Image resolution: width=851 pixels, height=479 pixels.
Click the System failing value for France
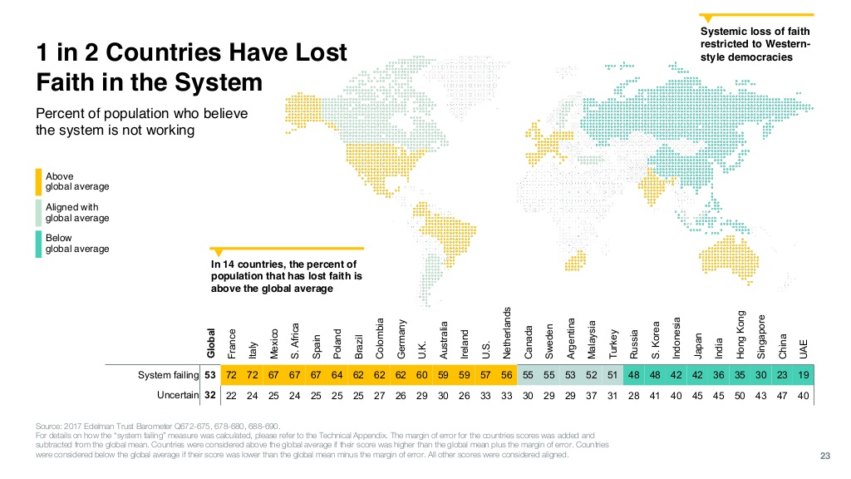pos(232,375)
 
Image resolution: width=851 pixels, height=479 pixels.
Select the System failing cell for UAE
pos(803,375)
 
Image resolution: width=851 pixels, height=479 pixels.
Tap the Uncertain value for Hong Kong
pos(739,395)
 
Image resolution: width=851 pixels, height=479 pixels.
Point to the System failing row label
pos(169,375)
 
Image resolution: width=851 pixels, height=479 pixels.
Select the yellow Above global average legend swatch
pos(38,181)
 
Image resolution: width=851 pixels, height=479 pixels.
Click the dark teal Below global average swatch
pos(38,243)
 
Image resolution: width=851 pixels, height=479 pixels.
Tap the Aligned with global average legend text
pos(77,212)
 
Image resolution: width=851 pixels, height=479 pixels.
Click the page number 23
pos(825,455)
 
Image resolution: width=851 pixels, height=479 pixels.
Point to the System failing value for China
pos(781,375)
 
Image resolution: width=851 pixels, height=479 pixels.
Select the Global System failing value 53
pos(210,375)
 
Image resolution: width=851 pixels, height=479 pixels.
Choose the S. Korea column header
pos(654,341)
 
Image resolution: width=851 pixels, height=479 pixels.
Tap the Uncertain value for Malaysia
pos(591,395)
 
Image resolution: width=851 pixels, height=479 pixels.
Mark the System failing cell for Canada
pos(528,375)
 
